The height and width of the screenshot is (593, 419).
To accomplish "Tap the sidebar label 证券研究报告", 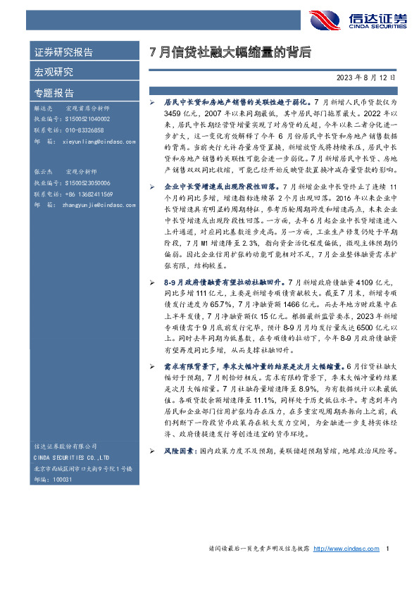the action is point(63,52).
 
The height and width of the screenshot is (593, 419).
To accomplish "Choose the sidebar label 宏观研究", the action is point(54,72).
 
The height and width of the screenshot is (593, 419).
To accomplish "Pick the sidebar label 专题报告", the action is point(54,92).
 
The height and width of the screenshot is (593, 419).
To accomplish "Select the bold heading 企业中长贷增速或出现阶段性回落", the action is point(220,187).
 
